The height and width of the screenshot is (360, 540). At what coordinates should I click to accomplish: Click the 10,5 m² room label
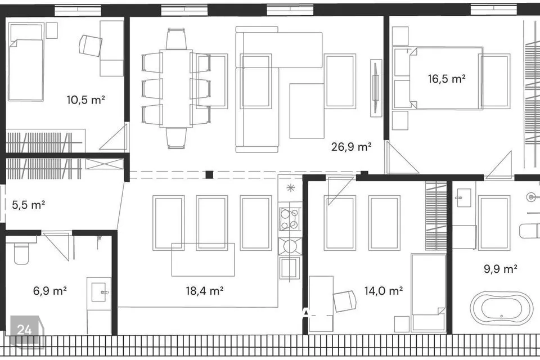(85, 100)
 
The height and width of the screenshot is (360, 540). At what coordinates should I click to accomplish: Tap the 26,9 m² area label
(351, 147)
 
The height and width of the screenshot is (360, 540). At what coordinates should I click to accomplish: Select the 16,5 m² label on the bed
(447, 79)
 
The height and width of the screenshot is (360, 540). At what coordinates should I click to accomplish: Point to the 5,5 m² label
(28, 205)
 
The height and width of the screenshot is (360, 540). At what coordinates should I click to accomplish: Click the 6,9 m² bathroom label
(50, 291)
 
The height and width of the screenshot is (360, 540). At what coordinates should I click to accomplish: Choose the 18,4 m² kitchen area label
(205, 291)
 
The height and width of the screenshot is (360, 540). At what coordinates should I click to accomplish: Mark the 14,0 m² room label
(384, 291)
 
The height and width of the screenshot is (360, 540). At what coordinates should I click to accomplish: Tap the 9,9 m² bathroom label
(501, 269)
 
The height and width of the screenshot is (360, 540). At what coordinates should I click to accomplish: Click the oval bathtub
(501, 308)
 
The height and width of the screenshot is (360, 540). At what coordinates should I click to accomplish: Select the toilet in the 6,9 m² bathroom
(21, 253)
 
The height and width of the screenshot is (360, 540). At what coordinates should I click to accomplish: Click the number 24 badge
(25, 330)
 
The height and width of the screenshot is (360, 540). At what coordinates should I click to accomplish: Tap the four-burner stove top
(289, 219)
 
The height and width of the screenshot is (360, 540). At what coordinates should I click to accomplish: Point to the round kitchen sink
(290, 246)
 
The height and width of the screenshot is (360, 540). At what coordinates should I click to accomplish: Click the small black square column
(209, 175)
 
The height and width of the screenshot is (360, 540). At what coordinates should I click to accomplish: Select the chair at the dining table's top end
(176, 39)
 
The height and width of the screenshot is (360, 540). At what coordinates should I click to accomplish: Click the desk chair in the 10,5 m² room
(90, 45)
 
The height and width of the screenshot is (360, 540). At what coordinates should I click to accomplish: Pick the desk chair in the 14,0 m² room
(345, 301)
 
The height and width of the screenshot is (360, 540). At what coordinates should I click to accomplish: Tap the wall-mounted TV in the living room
(376, 88)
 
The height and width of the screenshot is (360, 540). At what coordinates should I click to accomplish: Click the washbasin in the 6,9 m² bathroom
(99, 292)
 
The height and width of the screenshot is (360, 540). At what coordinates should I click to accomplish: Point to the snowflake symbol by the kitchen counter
(291, 188)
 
